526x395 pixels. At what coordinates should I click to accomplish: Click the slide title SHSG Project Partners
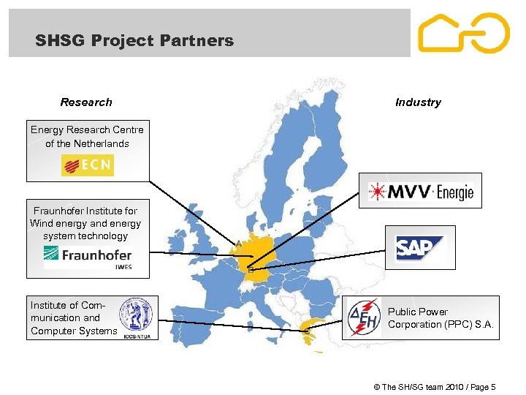(134, 41)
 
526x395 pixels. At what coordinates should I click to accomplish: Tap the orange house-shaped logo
(463, 34)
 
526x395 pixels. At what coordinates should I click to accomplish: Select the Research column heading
(86, 102)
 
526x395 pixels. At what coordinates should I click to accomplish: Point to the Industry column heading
(418, 102)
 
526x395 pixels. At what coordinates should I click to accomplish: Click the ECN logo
(88, 165)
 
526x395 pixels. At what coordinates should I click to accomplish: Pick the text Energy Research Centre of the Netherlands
(87, 137)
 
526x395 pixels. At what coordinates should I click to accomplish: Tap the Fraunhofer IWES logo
(88, 256)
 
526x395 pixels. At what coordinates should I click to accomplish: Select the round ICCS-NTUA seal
(136, 316)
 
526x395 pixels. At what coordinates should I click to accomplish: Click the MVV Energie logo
(421, 192)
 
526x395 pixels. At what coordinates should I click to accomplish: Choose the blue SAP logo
(420, 248)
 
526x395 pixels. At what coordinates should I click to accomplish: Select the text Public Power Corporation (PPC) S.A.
(441, 318)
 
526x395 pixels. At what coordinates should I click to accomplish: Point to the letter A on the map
(238, 243)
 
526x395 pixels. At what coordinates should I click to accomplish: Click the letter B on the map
(251, 270)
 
